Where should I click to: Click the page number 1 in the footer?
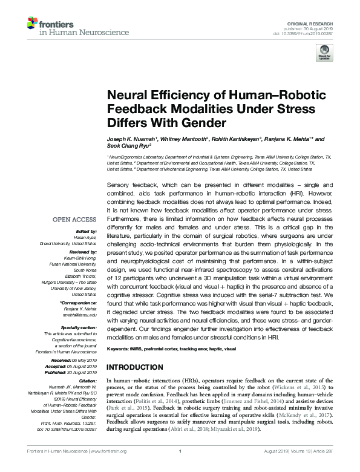(x=180, y=467)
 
